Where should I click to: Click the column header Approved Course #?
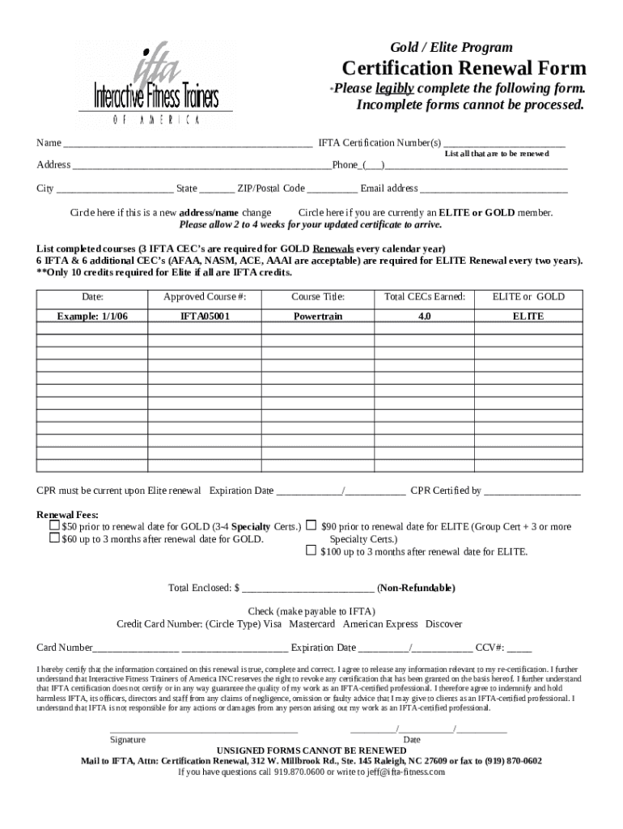[x=205, y=297]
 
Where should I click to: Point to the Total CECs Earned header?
[x=424, y=297]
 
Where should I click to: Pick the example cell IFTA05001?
[x=205, y=316]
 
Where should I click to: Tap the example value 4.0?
[x=424, y=316]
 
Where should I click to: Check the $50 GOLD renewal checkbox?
[x=54, y=526]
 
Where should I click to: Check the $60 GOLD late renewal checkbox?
[x=54, y=538]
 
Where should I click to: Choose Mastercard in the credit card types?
[x=312, y=624]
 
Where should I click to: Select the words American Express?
[x=380, y=624]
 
